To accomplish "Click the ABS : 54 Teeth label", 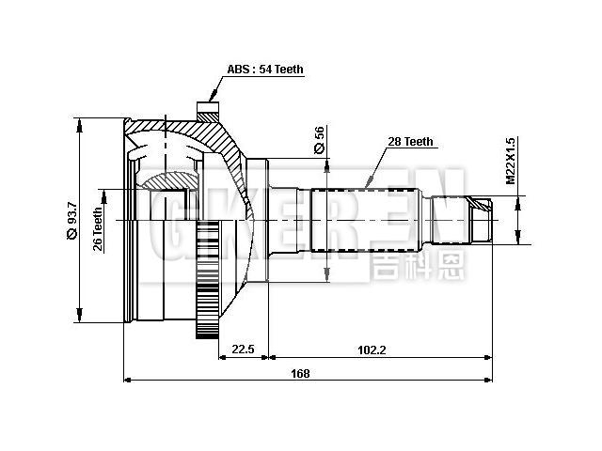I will point(264,70).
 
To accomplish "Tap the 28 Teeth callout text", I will point(410,142).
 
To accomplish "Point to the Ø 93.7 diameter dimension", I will point(72,220).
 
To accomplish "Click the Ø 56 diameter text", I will point(319,140).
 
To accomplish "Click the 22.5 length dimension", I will point(243,349).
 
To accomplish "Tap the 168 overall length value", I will point(300,373).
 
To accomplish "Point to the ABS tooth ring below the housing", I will point(207,282).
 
